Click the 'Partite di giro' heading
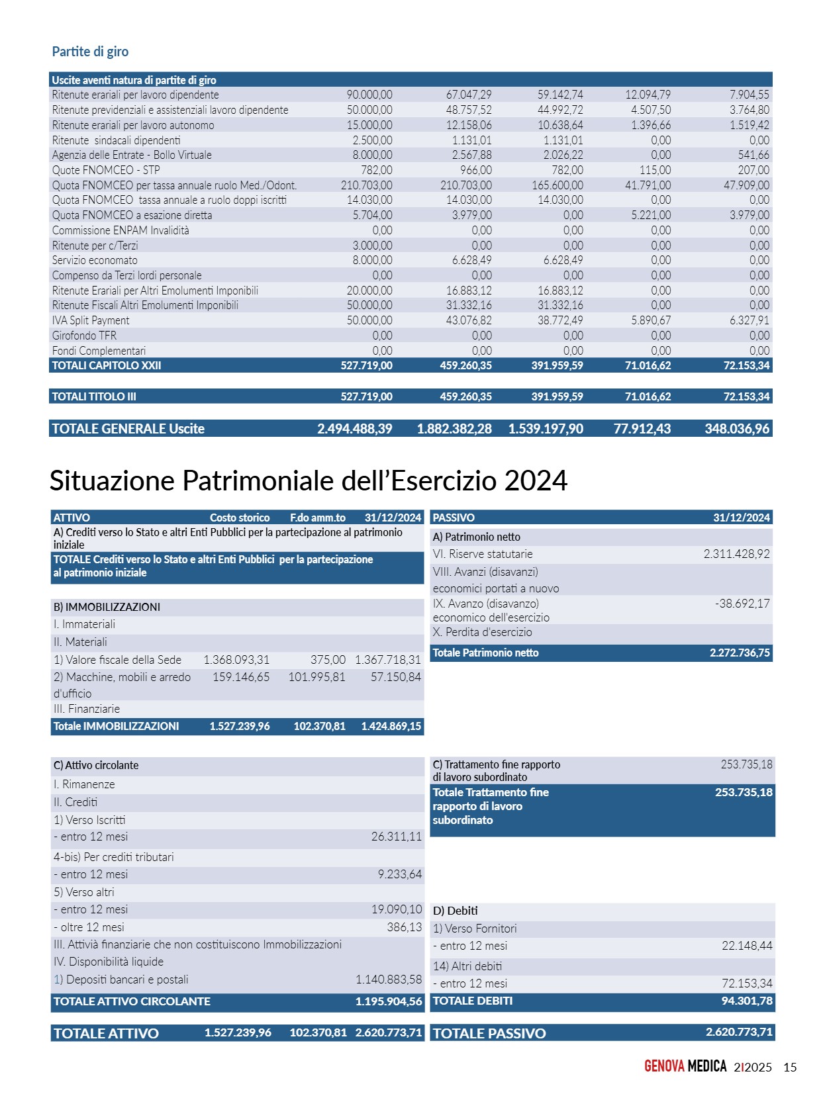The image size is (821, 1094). pyautogui.click(x=90, y=52)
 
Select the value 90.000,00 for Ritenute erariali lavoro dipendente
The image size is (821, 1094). pyautogui.click(x=369, y=95)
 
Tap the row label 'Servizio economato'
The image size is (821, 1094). pyautogui.click(x=95, y=260)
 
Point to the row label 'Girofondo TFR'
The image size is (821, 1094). pyautogui.click(x=84, y=336)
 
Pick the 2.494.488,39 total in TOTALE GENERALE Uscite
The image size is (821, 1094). pyautogui.click(x=355, y=429)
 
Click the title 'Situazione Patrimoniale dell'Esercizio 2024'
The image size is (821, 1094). pyautogui.click(x=308, y=480)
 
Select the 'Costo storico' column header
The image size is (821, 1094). pyautogui.click(x=240, y=518)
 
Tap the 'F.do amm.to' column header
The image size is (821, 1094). pyautogui.click(x=318, y=518)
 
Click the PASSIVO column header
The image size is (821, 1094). pyautogui.click(x=454, y=518)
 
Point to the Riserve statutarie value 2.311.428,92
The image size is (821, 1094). pyautogui.click(x=736, y=554)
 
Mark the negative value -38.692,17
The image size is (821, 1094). pyautogui.click(x=742, y=604)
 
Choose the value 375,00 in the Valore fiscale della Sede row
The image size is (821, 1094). pyautogui.click(x=328, y=660)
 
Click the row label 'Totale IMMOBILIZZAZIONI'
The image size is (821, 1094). pyautogui.click(x=116, y=726)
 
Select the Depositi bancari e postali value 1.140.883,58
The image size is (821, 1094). pyautogui.click(x=389, y=980)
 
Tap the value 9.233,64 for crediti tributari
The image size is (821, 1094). pyautogui.click(x=400, y=874)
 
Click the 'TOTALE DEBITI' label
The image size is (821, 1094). pyautogui.click(x=473, y=1001)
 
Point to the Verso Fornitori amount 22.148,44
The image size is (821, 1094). pyautogui.click(x=747, y=946)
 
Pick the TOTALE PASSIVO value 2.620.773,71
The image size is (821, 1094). pyautogui.click(x=739, y=1032)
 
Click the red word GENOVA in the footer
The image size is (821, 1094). pyautogui.click(x=664, y=1066)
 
